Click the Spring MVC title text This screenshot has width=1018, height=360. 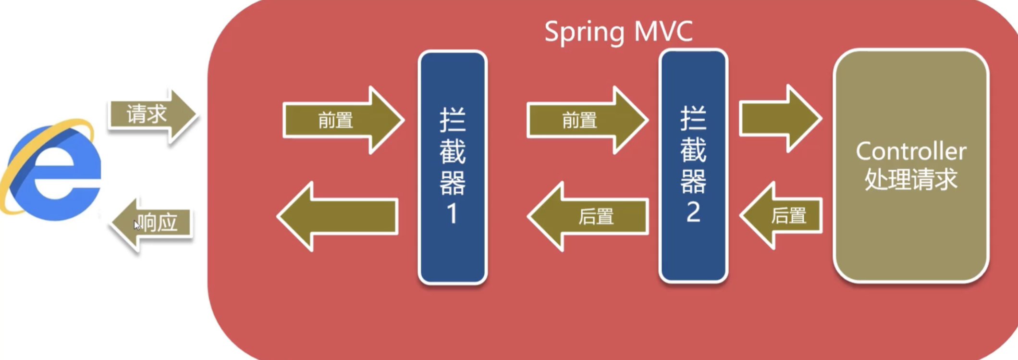pos(618,32)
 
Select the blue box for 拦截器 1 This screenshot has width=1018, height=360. pos(453,167)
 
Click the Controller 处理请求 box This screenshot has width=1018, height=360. pos(911,166)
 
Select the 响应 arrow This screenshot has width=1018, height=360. pos(153,224)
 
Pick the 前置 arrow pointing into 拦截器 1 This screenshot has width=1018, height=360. pos(343,120)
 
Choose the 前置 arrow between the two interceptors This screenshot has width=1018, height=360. pos(587,120)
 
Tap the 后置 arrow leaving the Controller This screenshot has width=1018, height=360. pos(782,216)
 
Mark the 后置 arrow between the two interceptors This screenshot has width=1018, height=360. pos(589,217)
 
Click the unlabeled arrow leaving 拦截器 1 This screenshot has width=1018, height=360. pos(339,217)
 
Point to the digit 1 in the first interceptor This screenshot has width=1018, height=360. pos(452,213)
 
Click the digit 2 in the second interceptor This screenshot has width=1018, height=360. pos(693,211)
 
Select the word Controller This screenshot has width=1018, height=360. pos(911,152)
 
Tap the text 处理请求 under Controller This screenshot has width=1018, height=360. pos(911,180)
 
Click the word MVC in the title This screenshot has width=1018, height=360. pos(663,32)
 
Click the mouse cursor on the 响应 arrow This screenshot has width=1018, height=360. pos(137,225)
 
